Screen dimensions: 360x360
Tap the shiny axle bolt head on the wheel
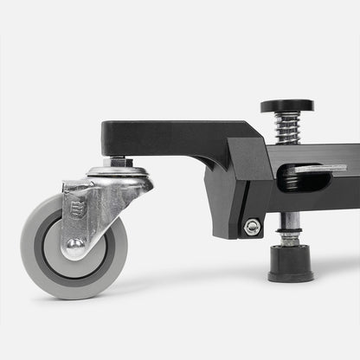click(75, 246)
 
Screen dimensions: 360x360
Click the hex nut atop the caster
click(118, 162)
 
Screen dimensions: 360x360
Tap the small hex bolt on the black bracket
click(252, 227)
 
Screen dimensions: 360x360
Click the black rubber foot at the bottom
click(291, 262)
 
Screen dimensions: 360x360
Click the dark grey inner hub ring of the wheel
click(95, 260)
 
